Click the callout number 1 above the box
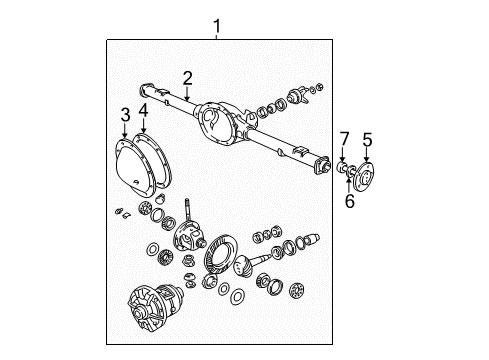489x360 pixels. tap(217, 26)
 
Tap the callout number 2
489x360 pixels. tap(188, 78)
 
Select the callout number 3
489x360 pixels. tap(125, 115)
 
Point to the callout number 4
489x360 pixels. tap(144, 110)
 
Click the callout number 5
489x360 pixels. tap(367, 139)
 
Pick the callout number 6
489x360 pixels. tap(350, 201)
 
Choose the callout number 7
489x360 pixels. tap(344, 139)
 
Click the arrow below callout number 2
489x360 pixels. tap(188, 94)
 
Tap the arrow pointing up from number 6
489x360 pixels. tap(349, 185)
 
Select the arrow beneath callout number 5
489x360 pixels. tap(367, 155)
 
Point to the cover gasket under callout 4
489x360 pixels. tap(154, 161)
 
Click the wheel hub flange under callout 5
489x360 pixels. tap(364, 177)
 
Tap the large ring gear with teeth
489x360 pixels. tap(220, 254)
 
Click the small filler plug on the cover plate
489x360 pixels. tap(136, 182)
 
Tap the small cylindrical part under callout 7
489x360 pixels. tap(342, 166)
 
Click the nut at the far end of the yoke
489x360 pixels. tap(319, 87)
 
